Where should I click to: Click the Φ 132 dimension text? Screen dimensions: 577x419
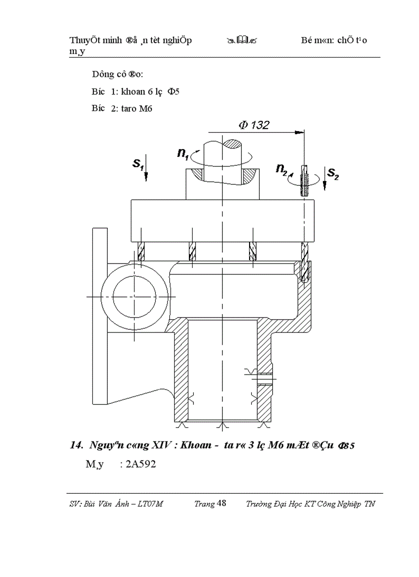point(254,125)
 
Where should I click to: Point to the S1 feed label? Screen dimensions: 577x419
point(137,163)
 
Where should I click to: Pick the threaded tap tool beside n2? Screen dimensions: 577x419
point(304,180)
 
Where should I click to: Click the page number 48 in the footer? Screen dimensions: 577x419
point(221,504)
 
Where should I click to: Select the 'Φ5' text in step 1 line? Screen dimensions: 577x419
point(173,91)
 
